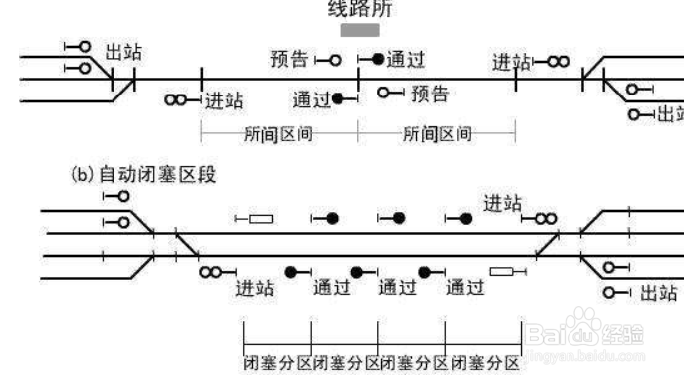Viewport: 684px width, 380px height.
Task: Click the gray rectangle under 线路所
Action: [359, 31]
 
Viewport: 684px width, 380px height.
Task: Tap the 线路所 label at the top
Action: [360, 10]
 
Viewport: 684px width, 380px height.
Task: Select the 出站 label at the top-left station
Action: [123, 52]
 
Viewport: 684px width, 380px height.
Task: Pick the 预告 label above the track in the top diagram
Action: [290, 59]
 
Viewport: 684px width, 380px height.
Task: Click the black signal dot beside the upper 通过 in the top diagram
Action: [377, 60]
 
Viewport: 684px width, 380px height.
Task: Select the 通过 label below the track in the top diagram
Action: [311, 100]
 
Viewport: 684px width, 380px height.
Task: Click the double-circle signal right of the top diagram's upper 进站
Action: [557, 62]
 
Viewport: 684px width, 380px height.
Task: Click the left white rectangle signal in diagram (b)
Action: [261, 218]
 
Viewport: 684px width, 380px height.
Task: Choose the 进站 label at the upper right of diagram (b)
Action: [503, 204]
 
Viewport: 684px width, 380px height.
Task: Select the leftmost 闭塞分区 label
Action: [278, 362]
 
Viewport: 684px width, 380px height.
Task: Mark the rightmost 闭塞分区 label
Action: [485, 362]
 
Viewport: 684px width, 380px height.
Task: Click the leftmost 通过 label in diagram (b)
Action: [331, 288]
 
